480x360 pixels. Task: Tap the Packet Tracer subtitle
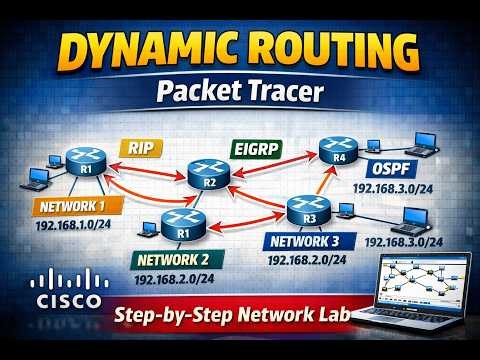(239, 92)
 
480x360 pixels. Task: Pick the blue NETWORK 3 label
(311, 241)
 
